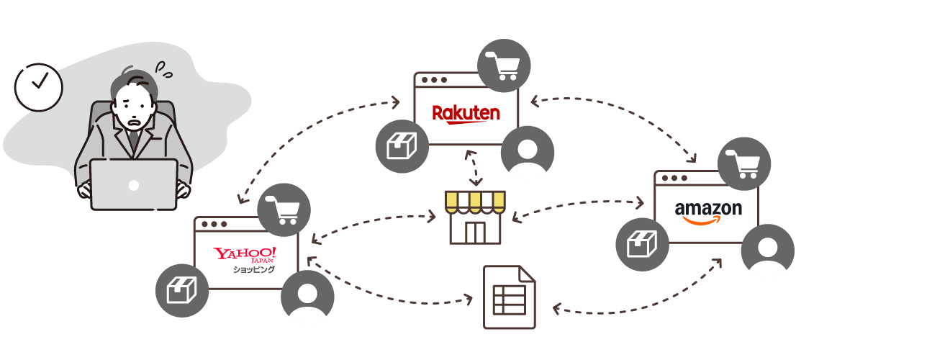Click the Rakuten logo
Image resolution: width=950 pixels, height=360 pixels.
[466, 114]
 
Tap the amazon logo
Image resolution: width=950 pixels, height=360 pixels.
[708, 212]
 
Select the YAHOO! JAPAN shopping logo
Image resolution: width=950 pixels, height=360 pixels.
[245, 260]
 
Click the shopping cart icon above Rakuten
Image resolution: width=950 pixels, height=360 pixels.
[504, 66]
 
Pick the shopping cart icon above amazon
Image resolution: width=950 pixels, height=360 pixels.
[744, 164]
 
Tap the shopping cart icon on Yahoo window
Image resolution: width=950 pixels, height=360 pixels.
[284, 210]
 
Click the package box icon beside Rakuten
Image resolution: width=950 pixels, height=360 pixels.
[402, 146]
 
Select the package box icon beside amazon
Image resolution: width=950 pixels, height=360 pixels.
[642, 245]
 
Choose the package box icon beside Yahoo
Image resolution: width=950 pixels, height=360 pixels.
[182, 290]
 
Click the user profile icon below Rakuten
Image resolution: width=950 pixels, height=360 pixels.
[527, 152]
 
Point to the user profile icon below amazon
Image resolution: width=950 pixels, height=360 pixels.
[768, 251]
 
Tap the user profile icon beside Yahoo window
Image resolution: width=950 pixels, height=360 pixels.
[307, 297]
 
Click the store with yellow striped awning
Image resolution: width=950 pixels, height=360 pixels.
[475, 217]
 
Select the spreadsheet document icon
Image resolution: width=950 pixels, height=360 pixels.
[510, 297]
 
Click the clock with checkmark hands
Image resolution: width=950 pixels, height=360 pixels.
[39, 87]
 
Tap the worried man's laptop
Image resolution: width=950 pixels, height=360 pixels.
[134, 184]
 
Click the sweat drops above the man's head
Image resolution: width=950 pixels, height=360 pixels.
[163, 70]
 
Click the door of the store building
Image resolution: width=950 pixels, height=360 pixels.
[475, 233]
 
